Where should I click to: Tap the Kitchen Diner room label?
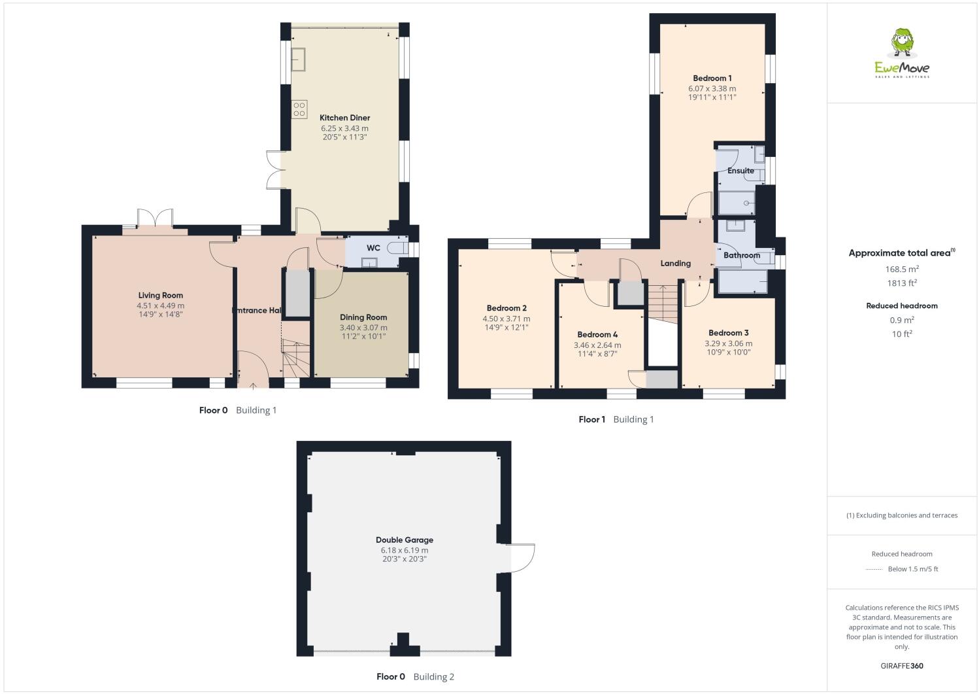click(344, 118)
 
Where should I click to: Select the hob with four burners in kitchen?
click(299, 109)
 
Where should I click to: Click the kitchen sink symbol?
click(301, 59)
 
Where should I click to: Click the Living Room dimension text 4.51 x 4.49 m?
click(160, 305)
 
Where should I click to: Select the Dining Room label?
click(363, 317)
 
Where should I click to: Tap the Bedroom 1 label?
click(712, 78)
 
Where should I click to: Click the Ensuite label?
click(740, 171)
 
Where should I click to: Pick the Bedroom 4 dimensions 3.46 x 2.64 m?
click(597, 345)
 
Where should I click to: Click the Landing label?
click(675, 263)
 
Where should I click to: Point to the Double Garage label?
click(404, 540)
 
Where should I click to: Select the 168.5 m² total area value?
click(902, 269)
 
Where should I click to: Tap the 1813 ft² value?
click(902, 283)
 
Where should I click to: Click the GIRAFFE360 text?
click(902, 666)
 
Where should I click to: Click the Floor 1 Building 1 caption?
click(616, 419)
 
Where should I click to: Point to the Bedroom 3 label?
click(728, 333)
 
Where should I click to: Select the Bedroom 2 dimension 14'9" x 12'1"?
click(506, 328)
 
